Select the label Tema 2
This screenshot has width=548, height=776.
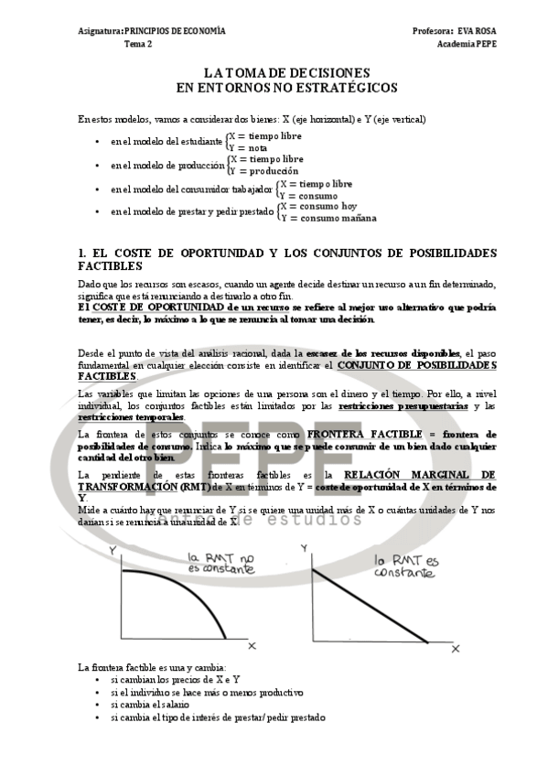(138, 44)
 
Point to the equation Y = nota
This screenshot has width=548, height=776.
(248, 147)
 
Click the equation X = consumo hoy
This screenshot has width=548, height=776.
(319, 206)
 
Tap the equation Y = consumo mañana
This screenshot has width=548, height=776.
(328, 218)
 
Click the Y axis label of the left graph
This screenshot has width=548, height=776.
(112, 551)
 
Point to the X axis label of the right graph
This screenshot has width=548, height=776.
(456, 646)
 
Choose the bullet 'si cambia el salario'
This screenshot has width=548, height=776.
(150, 706)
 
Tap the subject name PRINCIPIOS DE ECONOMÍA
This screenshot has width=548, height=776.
(175, 31)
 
